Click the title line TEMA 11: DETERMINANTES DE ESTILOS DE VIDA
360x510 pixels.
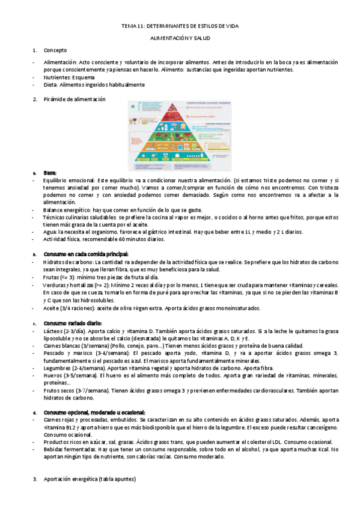(x=180, y=26)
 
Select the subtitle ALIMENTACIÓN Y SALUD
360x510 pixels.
(x=180, y=38)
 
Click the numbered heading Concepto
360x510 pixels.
(x=55, y=50)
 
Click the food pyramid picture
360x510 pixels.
(x=180, y=135)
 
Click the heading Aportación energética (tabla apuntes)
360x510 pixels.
(x=90, y=479)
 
